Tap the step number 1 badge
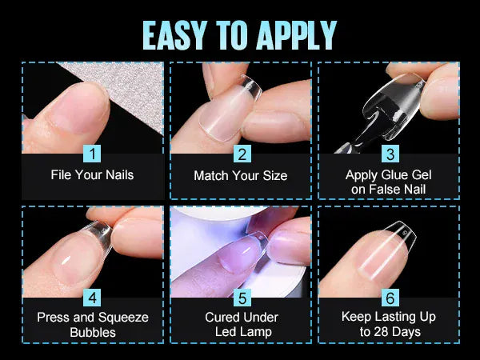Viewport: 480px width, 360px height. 92,153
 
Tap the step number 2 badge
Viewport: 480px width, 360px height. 241,153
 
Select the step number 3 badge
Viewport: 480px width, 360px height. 390,153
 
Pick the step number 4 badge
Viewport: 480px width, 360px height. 92,298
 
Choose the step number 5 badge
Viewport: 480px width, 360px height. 241,298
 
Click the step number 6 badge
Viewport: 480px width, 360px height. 390,298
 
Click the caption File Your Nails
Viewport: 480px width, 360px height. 92,174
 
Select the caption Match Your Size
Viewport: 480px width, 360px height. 241,175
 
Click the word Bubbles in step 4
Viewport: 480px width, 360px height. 92,332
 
